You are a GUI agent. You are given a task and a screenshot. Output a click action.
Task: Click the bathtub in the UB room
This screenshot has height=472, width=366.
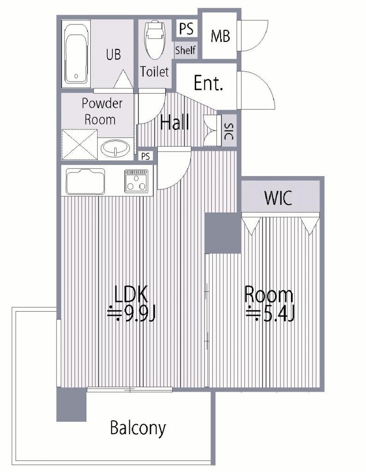(76, 54)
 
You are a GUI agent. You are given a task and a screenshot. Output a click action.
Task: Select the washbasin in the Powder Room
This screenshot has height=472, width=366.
(116, 148)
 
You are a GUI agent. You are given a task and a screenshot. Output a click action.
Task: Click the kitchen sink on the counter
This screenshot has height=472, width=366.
(86, 182)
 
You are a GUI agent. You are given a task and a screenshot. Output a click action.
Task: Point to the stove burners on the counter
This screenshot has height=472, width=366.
(137, 181)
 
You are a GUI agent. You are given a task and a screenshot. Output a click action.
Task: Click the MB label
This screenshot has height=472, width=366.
(221, 36)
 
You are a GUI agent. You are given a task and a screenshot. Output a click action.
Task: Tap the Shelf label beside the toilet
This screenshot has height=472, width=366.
(186, 50)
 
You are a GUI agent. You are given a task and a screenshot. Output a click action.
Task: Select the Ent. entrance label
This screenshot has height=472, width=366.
(209, 83)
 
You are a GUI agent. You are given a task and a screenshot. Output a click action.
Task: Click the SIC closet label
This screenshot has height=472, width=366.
(229, 131)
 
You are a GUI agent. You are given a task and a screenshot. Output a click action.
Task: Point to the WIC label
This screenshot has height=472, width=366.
(278, 198)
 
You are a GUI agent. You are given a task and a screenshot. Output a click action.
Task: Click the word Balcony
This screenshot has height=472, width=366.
(138, 428)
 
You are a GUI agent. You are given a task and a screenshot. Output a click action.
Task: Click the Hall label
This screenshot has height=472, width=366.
(174, 122)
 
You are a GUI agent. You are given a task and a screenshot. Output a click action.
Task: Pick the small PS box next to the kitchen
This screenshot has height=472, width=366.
(145, 157)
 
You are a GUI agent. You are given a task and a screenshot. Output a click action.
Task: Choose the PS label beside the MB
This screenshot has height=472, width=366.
(186, 28)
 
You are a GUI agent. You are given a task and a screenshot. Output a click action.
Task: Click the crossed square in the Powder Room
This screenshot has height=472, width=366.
(79, 145)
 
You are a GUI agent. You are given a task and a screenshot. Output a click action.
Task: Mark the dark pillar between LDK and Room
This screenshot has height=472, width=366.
(223, 233)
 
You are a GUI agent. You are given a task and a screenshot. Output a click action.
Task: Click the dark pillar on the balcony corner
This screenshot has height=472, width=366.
(71, 405)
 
